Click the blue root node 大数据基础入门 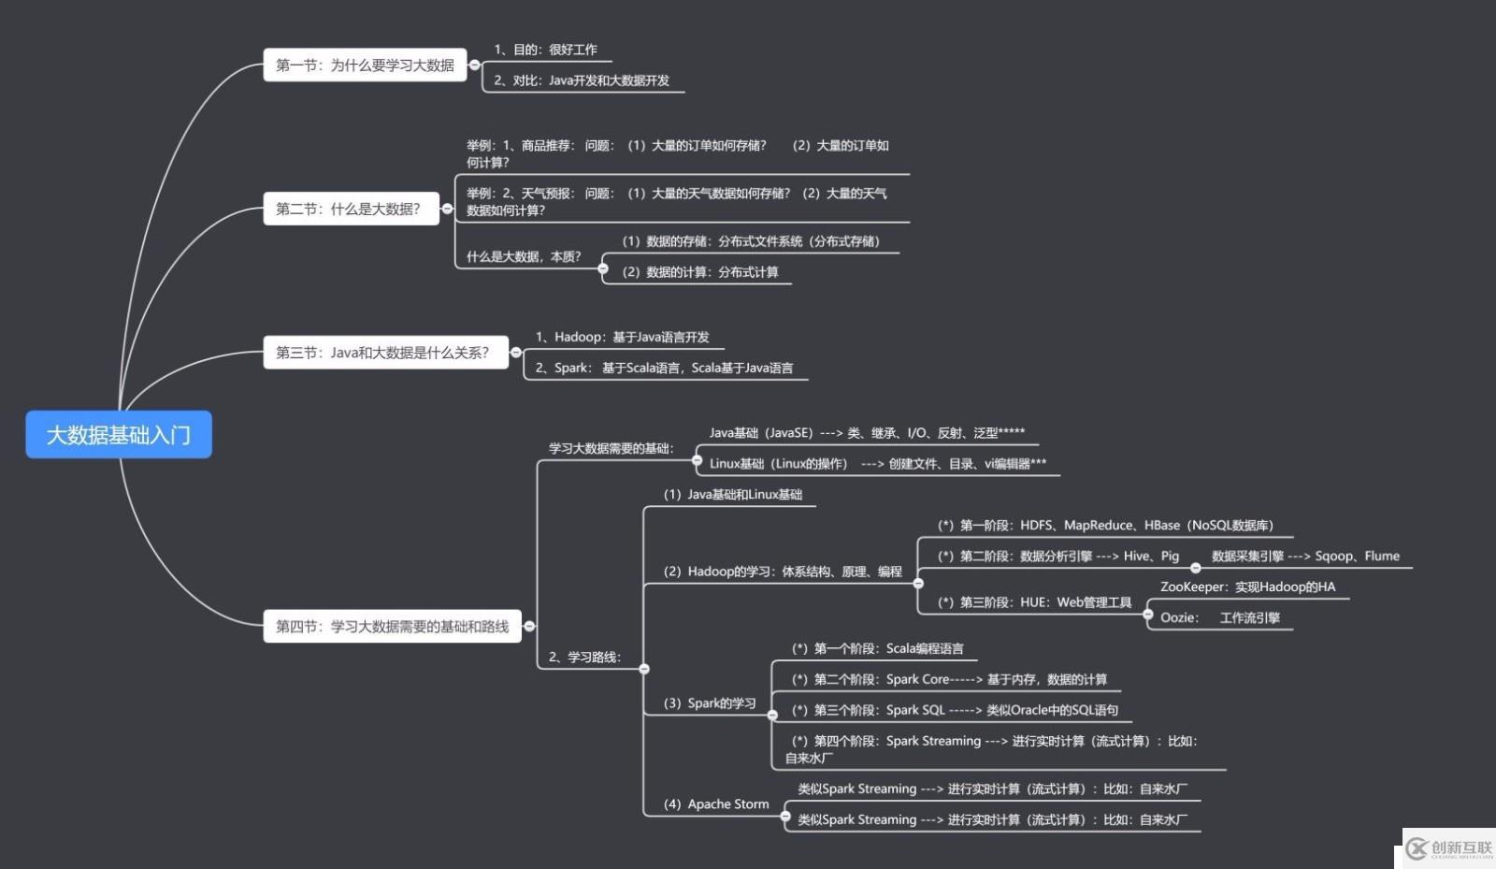pos(119,435)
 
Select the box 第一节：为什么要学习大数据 pos(365,65)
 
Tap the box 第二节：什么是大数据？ pos(348,209)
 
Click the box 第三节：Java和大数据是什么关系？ pos(382,353)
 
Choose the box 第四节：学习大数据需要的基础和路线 pos(392,626)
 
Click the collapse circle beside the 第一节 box pos(475,65)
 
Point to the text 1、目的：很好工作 pos(545,50)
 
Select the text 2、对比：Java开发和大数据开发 pos(581,80)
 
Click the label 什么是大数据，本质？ pos(524,256)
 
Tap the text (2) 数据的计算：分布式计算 pos(700,272)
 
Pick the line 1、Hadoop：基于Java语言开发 pos(622,337)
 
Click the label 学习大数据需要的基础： pos(611,448)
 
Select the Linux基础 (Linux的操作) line pos(877,463)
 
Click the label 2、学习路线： pos(584,657)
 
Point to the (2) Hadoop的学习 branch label pos(782,572)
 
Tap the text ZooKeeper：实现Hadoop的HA pos(1247,587)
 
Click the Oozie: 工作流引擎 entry pos(1219,617)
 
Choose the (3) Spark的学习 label pos(710,703)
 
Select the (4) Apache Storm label pos(716,804)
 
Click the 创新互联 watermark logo pos(1449,847)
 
